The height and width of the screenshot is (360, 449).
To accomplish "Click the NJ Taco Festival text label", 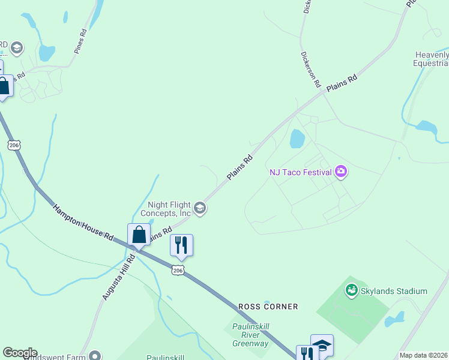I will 301,172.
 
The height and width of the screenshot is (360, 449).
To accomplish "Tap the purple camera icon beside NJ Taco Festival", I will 342,172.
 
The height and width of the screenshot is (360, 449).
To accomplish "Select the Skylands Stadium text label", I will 394,291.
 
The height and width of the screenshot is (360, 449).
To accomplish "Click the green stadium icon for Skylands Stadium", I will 352,291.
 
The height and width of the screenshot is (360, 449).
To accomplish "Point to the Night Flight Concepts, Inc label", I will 166,208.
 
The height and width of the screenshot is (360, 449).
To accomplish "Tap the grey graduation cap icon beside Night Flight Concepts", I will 200,208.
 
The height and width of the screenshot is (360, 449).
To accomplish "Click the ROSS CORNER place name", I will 268,307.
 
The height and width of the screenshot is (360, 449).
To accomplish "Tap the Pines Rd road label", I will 81,41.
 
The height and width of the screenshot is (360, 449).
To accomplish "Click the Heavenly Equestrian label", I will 432,59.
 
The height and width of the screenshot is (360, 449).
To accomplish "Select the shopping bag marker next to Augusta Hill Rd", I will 139,235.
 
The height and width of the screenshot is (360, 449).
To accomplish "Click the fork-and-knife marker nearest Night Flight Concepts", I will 181,245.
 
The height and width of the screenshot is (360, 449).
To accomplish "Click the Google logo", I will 20,353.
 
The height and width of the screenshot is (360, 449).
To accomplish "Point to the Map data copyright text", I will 423,355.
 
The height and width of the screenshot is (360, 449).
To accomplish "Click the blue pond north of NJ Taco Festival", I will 297,139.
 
